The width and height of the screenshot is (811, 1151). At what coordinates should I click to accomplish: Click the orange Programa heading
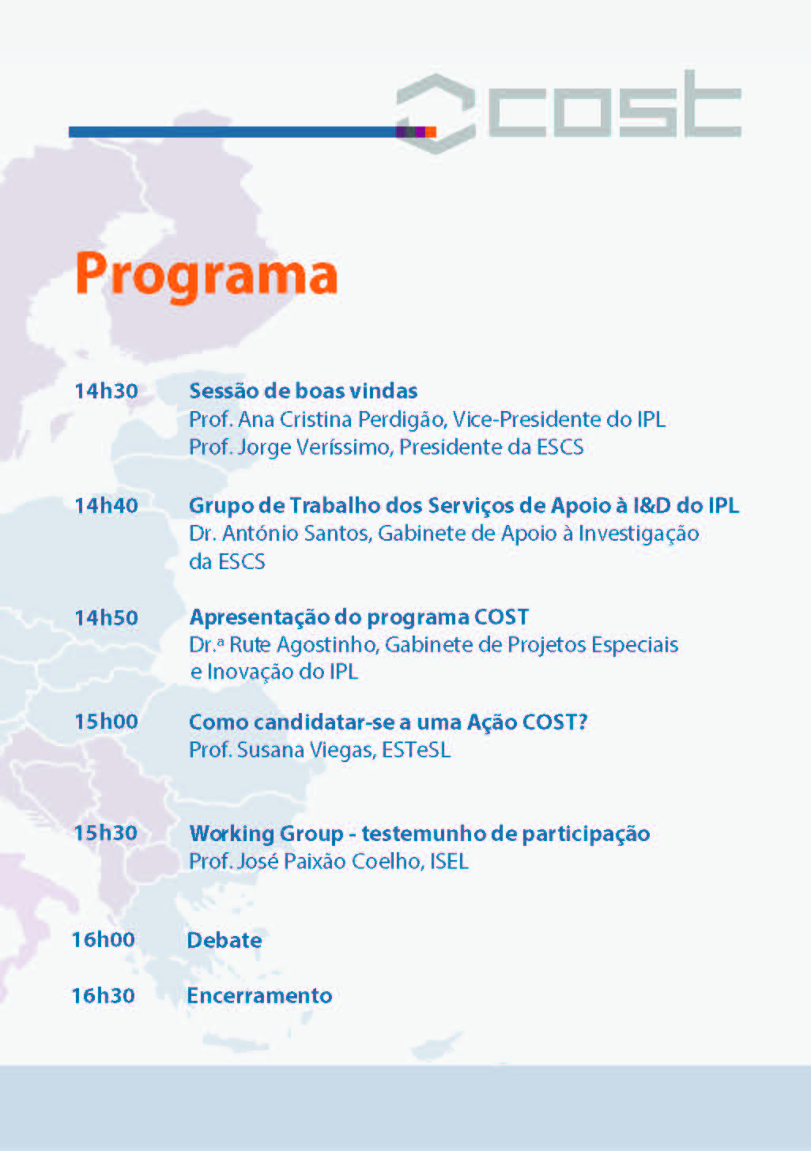coord(206,277)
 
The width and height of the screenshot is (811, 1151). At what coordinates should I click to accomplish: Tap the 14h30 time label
coord(107,391)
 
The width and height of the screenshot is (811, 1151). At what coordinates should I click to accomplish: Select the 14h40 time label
coord(107,506)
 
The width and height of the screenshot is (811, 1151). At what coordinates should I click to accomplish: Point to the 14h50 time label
coord(107,617)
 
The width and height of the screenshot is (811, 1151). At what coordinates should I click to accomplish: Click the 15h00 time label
coord(107,722)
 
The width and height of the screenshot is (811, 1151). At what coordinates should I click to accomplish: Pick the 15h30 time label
coord(106,833)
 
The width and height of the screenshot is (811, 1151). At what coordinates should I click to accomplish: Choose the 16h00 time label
coord(104,940)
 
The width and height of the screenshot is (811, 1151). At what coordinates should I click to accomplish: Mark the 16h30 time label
coord(104,995)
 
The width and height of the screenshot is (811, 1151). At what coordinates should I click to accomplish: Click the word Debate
coord(224,941)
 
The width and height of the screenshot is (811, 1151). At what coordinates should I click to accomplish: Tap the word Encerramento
coord(259,996)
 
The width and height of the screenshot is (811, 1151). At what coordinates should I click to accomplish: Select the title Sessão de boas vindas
coord(304,391)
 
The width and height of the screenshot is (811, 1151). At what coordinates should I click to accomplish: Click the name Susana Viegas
coord(306,751)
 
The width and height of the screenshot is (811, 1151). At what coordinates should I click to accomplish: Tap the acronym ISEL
coord(449,862)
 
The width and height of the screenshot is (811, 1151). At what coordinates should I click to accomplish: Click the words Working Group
coord(266,834)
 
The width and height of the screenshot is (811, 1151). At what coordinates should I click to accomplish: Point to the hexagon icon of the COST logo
coord(436,114)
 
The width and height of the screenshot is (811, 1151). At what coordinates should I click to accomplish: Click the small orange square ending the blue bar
coord(431,132)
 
